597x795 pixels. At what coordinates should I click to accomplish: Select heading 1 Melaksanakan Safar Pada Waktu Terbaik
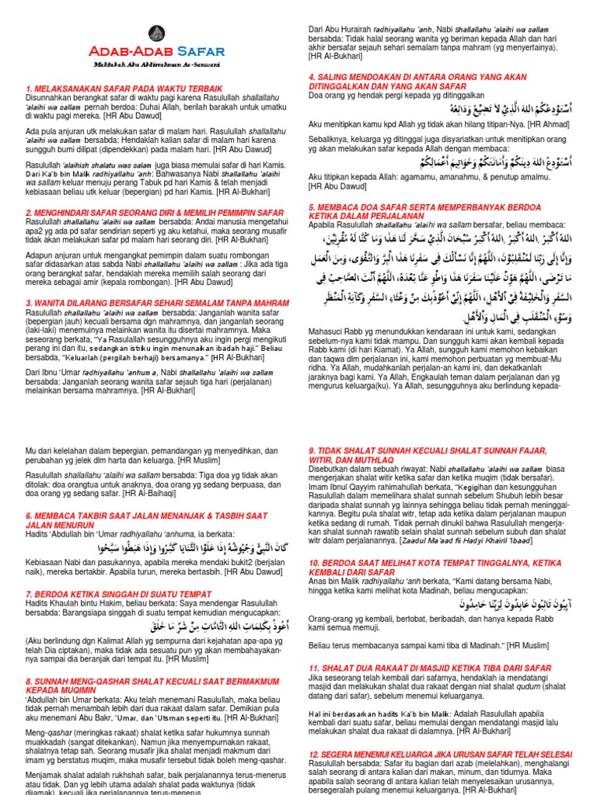coord(124,89)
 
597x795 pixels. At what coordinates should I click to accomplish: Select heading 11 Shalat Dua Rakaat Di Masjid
coord(430,668)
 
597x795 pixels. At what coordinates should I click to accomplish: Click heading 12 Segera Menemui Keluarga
coord(442,755)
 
